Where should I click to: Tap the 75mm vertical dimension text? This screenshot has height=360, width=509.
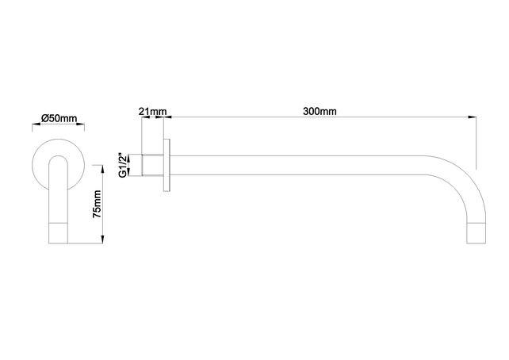[98, 204]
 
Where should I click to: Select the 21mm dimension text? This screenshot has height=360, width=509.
[151, 111]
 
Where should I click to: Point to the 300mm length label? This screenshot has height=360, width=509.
[320, 111]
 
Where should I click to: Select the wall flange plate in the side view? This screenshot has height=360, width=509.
[166, 167]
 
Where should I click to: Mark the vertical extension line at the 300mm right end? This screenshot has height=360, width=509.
[476, 143]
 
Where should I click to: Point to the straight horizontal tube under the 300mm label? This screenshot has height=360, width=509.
[317, 167]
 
